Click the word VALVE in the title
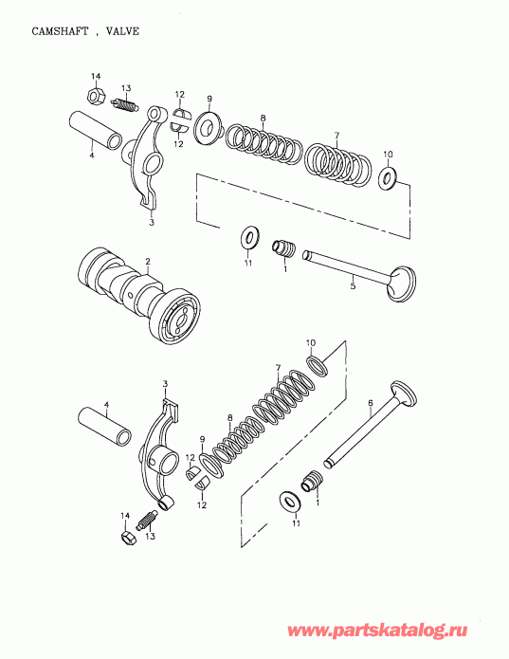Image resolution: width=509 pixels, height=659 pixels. [x=122, y=30]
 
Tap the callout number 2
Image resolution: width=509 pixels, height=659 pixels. [x=148, y=260]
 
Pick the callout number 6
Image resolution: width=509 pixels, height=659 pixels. [x=370, y=403]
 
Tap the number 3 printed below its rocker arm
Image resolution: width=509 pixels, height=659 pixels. [x=152, y=224]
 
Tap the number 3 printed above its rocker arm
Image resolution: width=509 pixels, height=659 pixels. [x=165, y=384]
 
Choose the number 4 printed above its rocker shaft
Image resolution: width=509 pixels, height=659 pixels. [x=106, y=405]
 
